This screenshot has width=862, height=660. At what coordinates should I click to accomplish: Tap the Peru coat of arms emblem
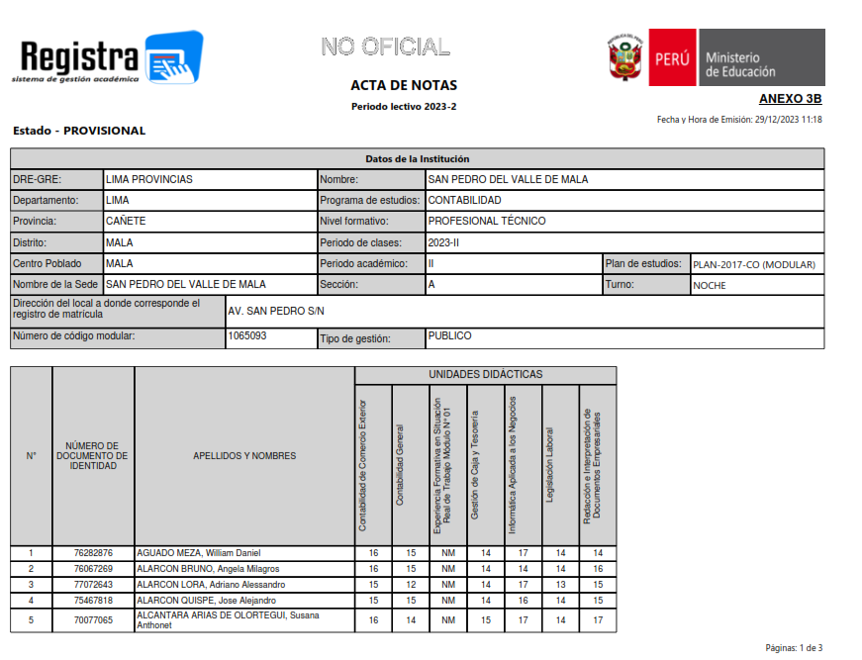(625, 59)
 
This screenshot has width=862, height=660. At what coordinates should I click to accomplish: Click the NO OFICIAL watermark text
(385, 47)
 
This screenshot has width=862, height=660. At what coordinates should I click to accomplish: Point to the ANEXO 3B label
(790, 99)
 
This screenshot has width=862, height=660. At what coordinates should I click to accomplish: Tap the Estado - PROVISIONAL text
(79, 131)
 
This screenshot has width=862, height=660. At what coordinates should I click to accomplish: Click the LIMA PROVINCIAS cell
(149, 179)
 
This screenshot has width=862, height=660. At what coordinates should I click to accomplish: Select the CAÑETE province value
(126, 221)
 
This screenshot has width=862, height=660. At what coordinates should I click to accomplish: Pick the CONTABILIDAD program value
(464, 200)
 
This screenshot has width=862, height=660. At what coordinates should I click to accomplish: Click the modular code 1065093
(247, 336)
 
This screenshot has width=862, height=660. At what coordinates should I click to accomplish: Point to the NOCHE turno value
(710, 285)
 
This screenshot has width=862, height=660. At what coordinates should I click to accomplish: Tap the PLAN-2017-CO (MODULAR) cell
(754, 264)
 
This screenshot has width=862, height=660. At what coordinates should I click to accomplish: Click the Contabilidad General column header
(400, 465)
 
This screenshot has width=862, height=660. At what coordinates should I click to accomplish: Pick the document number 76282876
(93, 553)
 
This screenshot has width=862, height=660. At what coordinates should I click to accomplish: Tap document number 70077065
(93, 620)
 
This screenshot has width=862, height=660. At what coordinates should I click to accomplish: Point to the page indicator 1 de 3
(794, 648)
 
